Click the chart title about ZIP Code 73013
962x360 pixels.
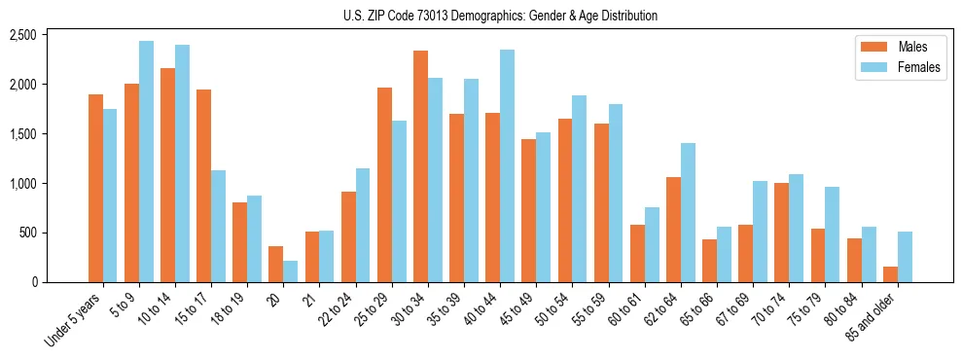point(500,16)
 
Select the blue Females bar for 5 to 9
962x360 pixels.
point(146,162)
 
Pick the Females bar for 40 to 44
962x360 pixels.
point(507,165)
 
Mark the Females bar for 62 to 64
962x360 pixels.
point(688,212)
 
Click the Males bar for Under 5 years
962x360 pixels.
point(95,188)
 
